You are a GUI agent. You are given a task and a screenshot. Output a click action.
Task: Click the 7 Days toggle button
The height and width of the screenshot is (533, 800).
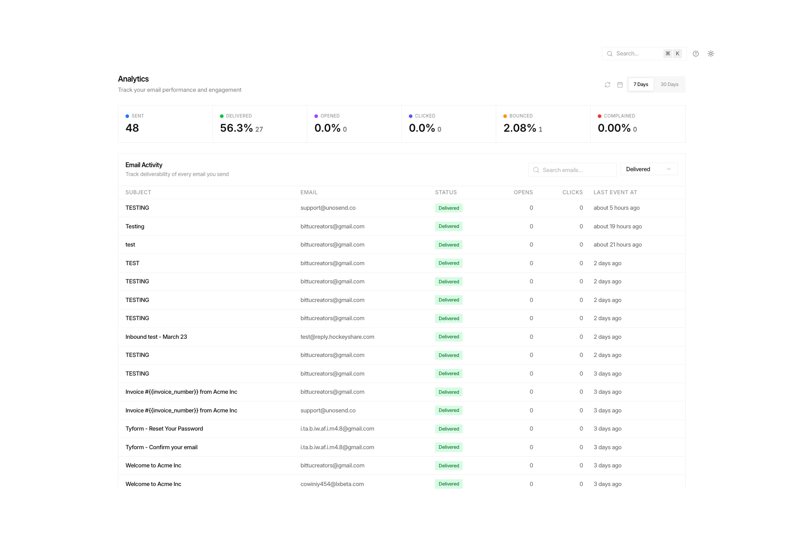click(640, 85)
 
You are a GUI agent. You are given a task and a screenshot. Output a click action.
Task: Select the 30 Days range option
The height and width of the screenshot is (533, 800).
click(669, 85)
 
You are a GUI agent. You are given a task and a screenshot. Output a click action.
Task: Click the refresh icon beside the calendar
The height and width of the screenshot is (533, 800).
click(608, 85)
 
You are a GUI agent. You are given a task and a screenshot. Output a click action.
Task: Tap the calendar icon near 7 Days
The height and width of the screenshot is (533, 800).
click(620, 85)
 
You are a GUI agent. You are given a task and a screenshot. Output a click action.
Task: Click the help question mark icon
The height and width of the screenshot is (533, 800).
click(696, 54)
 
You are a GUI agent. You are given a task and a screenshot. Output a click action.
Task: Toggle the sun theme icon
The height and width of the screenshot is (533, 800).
click(711, 54)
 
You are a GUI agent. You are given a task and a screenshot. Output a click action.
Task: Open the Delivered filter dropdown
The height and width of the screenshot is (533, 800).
click(649, 169)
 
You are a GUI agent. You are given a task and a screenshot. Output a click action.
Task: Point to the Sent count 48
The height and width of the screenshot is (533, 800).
click(132, 128)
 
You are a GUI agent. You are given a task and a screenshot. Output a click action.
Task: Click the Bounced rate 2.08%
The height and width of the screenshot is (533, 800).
click(520, 128)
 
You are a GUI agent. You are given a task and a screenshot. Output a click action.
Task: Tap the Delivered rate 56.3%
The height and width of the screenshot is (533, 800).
click(236, 128)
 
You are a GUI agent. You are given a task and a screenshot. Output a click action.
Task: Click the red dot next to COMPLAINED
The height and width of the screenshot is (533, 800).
click(600, 116)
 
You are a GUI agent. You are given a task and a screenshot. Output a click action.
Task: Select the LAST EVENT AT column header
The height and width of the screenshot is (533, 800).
click(615, 192)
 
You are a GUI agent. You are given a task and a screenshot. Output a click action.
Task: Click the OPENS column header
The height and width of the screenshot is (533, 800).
click(523, 192)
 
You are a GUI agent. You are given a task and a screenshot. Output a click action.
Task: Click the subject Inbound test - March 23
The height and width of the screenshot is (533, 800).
click(156, 337)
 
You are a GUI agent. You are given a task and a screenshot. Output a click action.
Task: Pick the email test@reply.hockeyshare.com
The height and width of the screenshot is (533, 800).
click(337, 337)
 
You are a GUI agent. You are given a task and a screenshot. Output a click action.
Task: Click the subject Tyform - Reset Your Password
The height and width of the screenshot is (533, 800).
click(164, 429)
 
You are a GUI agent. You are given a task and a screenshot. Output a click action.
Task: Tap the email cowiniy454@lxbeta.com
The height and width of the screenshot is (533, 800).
click(332, 484)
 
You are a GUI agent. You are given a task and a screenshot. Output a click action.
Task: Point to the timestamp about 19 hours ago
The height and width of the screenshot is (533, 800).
click(618, 227)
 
